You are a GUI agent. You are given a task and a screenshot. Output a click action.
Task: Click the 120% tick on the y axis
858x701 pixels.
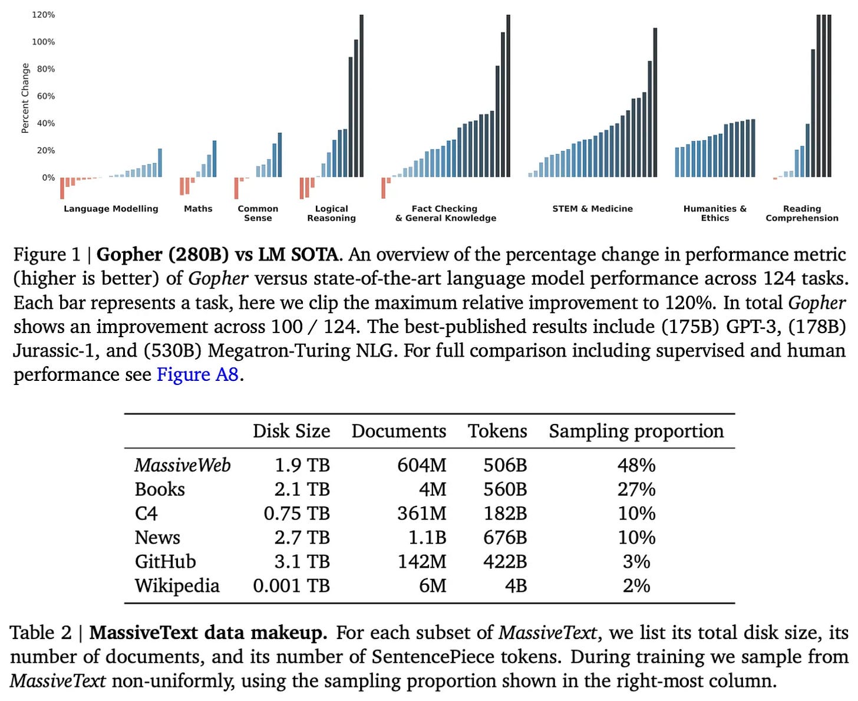[x=43, y=15]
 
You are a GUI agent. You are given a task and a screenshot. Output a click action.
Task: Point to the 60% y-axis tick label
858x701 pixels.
[x=45, y=96]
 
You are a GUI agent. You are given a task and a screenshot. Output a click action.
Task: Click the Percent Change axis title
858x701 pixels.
[x=25, y=98]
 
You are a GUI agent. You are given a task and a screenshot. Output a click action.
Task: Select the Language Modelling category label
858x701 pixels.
[x=111, y=209]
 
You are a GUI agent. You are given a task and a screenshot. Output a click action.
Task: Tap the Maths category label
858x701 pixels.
[x=198, y=209]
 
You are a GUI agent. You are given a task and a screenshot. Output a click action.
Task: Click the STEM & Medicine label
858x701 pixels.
[x=592, y=209]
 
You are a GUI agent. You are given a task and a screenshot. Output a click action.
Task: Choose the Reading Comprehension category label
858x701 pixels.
[x=801, y=213]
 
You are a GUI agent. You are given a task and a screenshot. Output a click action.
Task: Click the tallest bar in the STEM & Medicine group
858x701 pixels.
[x=655, y=103]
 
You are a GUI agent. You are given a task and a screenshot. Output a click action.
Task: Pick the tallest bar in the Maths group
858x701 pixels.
[x=214, y=159]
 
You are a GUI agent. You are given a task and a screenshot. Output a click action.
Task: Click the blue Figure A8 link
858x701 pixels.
[x=197, y=375]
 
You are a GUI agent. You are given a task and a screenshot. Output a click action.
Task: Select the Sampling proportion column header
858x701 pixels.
[x=636, y=431]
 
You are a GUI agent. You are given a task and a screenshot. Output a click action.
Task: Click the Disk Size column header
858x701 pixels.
[x=291, y=431]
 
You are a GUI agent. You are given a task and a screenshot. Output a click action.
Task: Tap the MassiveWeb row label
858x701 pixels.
[x=182, y=465]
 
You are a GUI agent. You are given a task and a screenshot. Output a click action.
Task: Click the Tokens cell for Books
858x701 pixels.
[x=505, y=489]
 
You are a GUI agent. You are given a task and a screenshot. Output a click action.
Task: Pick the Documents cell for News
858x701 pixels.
[x=427, y=538]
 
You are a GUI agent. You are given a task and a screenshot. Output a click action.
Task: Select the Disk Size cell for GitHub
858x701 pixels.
[x=301, y=562]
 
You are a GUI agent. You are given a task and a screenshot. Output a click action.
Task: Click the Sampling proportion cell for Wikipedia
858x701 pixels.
[x=636, y=586]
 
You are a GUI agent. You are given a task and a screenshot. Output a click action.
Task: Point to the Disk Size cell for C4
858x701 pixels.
[x=296, y=514]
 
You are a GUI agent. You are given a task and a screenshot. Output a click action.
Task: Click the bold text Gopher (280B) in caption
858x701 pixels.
[x=162, y=255]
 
